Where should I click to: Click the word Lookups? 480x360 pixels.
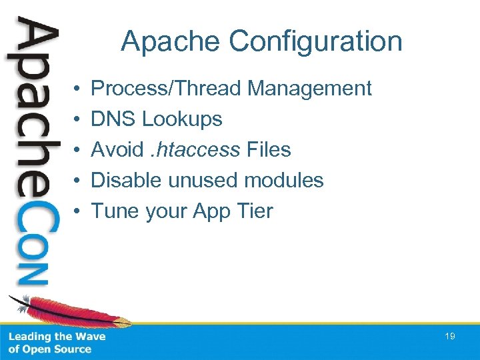pos(182,119)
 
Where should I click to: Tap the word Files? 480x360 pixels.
pos(269,149)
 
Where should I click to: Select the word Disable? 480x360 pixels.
pos(126,180)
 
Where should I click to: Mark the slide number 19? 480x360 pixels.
pos(450,337)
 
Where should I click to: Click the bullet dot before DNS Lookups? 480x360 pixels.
pos(78,120)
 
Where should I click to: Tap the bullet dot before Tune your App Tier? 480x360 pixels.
pos(78,211)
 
